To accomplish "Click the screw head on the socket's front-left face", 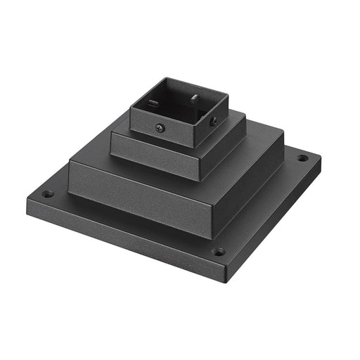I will [x=160, y=127].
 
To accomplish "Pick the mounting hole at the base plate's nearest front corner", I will [x=219, y=251].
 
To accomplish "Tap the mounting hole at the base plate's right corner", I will [x=302, y=158].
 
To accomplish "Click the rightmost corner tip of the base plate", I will [x=321, y=155].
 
